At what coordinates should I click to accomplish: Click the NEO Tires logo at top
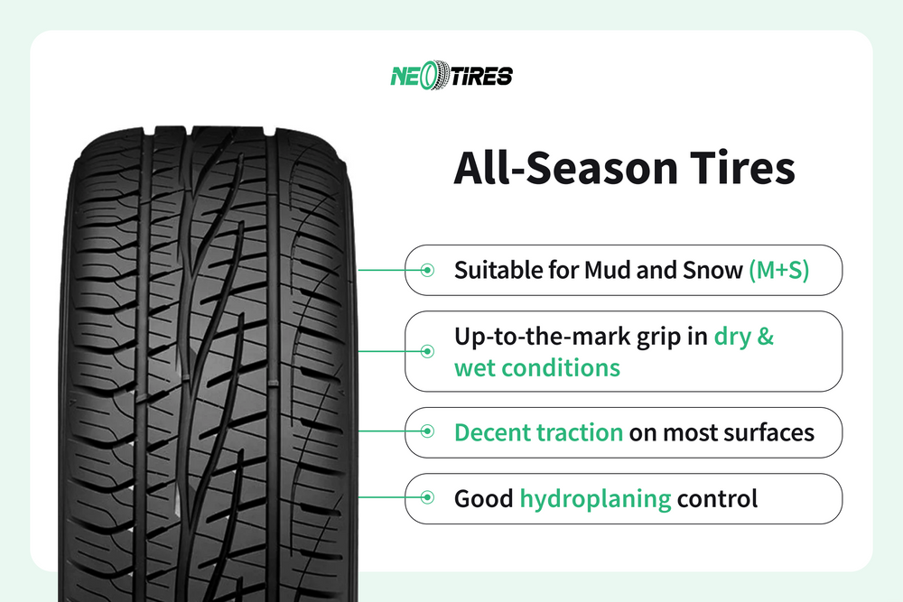451,76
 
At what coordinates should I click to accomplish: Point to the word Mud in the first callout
611,270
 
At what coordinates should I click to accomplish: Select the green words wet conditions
536,367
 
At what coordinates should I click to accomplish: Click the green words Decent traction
538,432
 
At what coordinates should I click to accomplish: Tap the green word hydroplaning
595,498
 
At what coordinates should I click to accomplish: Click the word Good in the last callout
483,498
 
